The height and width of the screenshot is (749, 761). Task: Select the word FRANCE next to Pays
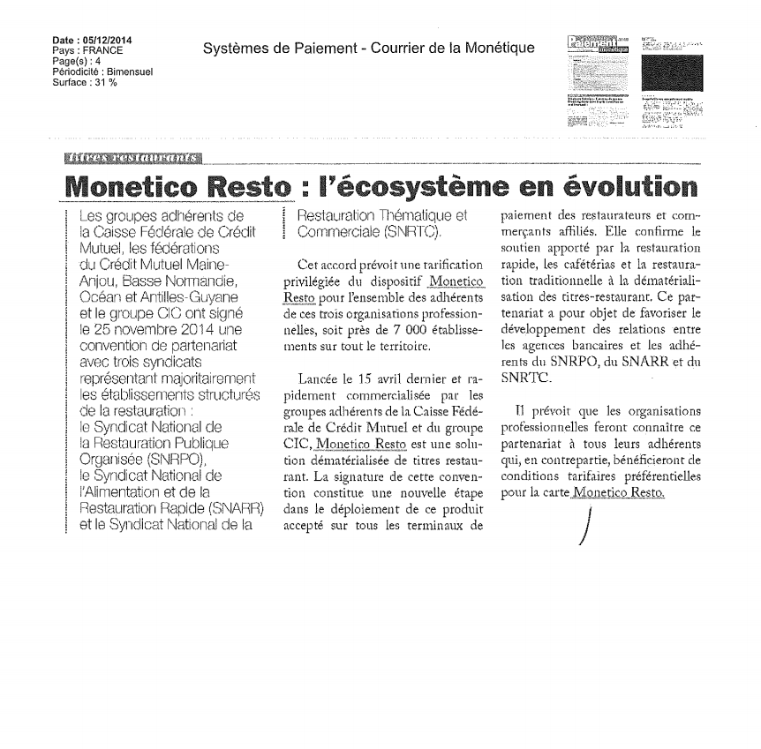click(x=104, y=50)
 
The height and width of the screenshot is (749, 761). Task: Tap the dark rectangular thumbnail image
click(x=673, y=72)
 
